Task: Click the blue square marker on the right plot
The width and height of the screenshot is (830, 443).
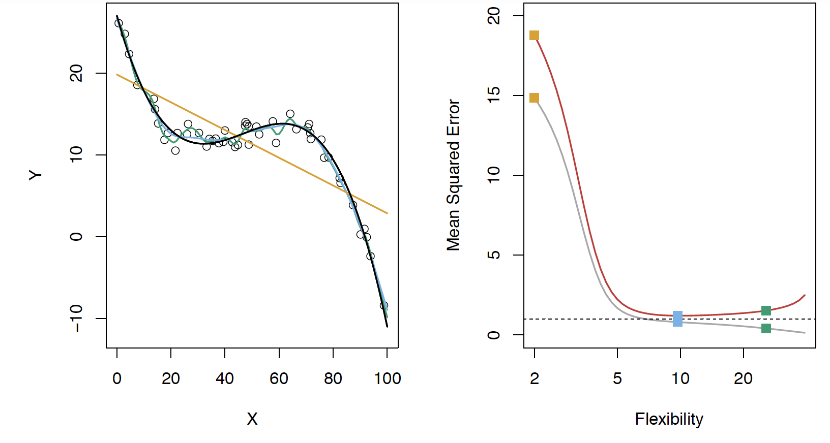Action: pos(677,319)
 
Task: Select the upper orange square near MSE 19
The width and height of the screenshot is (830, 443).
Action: pos(534,35)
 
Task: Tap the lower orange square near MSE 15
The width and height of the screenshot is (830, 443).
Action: pos(534,98)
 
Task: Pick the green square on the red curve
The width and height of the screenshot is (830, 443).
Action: pos(766,310)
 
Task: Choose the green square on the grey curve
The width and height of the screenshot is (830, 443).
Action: pos(766,328)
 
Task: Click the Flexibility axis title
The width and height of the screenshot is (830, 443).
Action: pos(669,419)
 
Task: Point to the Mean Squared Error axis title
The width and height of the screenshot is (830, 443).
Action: pos(453,175)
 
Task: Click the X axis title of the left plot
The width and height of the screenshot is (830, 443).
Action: pos(252,419)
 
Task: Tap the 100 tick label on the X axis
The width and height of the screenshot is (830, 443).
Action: pos(388,378)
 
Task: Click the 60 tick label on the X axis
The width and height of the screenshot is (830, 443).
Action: pos(279,378)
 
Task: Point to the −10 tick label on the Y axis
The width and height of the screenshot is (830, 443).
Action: pos(76,319)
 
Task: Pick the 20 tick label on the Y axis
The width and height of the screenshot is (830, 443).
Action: pos(76,74)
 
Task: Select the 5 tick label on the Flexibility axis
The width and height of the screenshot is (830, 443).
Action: pos(617,378)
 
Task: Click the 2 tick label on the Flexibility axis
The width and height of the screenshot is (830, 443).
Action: pos(534,378)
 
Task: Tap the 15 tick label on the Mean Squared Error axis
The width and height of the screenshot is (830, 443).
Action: pos(494,96)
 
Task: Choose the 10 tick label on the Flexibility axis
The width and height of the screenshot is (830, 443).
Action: pos(680,378)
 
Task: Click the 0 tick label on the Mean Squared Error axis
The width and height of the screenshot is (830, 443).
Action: pos(494,335)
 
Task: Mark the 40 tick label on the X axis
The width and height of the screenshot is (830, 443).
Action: pos(225,378)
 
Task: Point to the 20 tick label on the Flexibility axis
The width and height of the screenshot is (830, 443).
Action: pos(743,378)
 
